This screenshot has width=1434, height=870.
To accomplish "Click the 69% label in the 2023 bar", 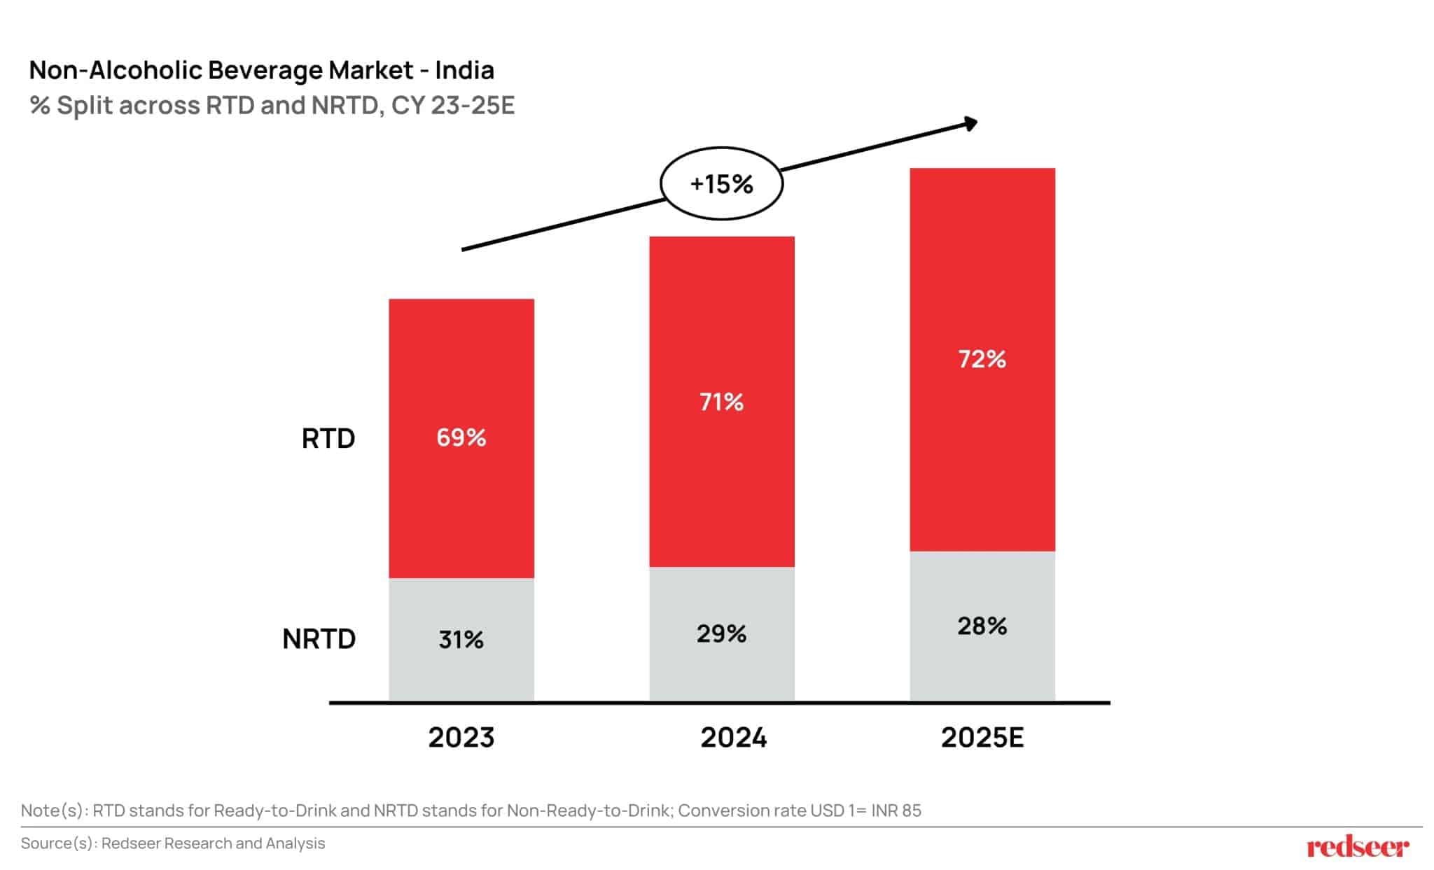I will pos(461,437).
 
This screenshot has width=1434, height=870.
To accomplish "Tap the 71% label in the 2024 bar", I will pos(721,402).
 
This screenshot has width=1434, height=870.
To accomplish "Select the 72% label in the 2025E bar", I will pos(982,359).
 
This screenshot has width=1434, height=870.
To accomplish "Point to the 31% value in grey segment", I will pos(461,639).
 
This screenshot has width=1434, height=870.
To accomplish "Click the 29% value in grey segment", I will pos(721,633).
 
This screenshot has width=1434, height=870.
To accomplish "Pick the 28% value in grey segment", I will pos(982,626).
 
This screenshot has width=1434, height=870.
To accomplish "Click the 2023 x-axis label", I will pos(461,737).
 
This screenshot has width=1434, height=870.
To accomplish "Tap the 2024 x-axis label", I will pos(733,737).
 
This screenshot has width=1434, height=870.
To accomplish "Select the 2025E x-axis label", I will pos(982,737).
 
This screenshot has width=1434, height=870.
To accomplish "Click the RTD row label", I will pos(328,438).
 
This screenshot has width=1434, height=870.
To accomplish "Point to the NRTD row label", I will pos(319,638).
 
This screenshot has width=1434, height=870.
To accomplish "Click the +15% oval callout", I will pos(721,183).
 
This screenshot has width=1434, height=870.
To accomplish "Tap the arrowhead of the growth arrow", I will pos(970,124).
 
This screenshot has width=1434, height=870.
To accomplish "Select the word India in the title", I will pos(464,70).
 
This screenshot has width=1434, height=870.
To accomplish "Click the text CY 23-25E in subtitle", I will pos(452,106).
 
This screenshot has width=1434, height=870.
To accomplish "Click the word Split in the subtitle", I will pos(85,106).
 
